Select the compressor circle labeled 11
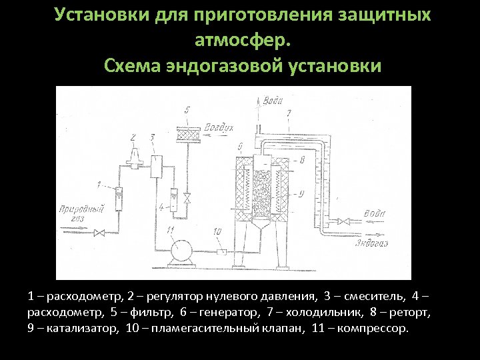pyautogui.click(x=181, y=251)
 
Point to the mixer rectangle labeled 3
pyautogui.click(x=157, y=165)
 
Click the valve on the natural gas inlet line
pyautogui.click(x=99, y=233)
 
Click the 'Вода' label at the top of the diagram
pyautogui.click(x=273, y=101)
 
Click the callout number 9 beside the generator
pyautogui.click(x=301, y=193)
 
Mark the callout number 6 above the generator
pyautogui.click(x=238, y=145)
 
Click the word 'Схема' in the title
pyautogui.click(x=131, y=67)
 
